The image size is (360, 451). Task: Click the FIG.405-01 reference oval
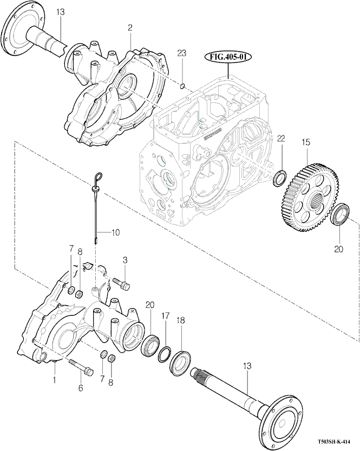228,57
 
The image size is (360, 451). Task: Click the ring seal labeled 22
280,178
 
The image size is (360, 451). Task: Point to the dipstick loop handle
98,176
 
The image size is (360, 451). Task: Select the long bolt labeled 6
82,367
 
